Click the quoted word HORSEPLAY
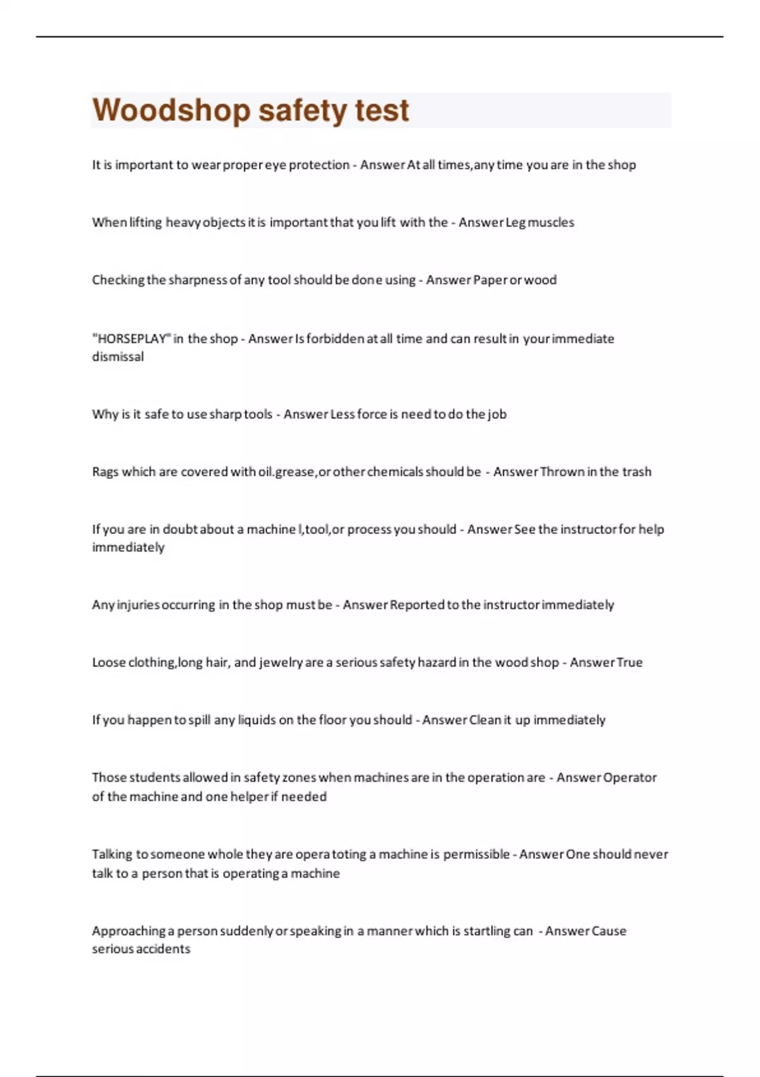click(132, 338)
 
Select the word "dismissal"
click(118, 357)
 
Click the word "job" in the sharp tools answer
click(497, 414)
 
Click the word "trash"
click(636, 472)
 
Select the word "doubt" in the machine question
click(180, 530)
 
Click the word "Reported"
click(417, 605)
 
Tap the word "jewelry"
click(281, 663)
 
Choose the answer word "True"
click(630, 663)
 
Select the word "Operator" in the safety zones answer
click(630, 778)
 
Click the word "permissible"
click(476, 855)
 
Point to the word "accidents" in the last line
click(163, 949)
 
